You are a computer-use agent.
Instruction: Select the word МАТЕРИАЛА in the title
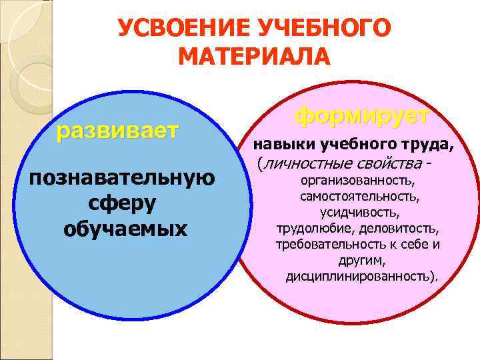255,57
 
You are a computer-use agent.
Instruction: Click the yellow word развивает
117,131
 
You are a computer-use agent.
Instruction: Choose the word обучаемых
126,228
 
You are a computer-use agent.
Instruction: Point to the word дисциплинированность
361,275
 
